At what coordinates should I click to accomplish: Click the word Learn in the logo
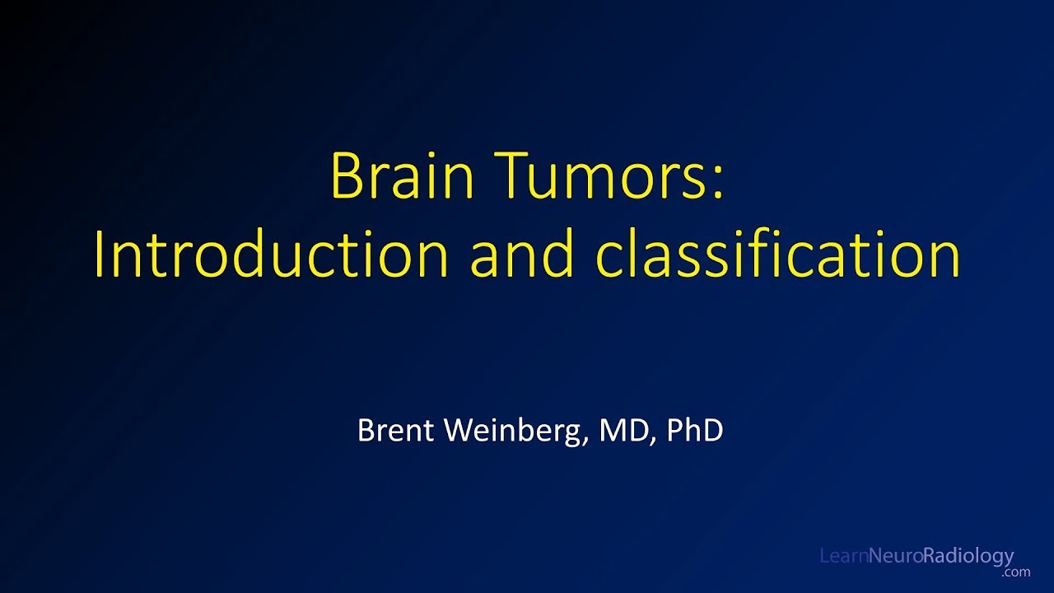(843, 557)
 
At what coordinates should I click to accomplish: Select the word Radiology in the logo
(968, 558)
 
